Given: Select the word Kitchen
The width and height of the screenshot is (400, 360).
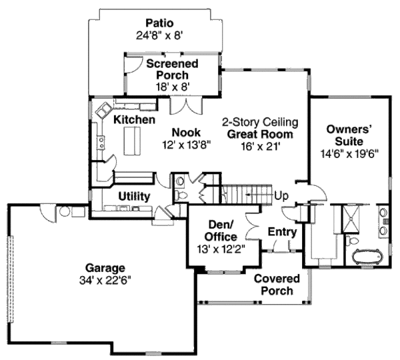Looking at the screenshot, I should tap(134, 120).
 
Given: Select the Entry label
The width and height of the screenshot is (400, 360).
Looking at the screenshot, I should tap(281, 231).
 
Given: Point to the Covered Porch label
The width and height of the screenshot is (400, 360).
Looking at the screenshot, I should tap(277, 284).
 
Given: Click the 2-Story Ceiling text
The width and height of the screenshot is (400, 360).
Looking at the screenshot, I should tap(259, 122).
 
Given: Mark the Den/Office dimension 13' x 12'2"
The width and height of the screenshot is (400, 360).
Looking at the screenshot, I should tap(221, 249).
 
